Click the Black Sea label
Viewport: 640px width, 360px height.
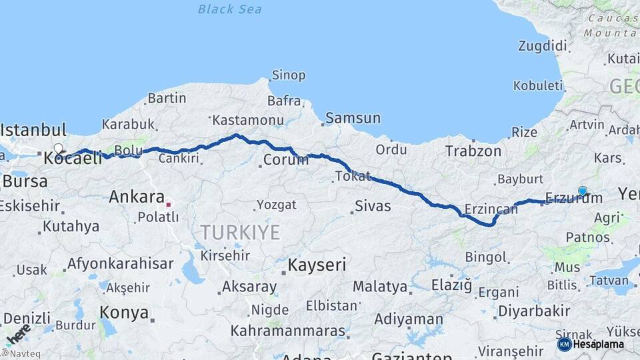[230, 9]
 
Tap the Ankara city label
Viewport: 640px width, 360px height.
[137, 197]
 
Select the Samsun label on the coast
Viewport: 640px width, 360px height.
[353, 119]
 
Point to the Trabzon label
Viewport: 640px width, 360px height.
[473, 151]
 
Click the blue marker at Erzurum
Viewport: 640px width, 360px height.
[583, 191]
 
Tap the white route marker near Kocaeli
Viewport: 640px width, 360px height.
[59, 149]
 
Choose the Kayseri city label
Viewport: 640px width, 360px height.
[317, 265]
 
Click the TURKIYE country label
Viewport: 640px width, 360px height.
[241, 232]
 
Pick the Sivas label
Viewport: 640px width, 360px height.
[372, 206]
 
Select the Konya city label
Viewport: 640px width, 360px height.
[124, 312]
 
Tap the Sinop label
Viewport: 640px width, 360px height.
[289, 75]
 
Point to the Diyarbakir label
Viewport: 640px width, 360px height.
[535, 311]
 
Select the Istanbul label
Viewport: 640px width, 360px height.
[34, 129]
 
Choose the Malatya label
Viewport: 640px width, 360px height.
[380, 287]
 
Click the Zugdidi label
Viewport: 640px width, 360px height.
[543, 46]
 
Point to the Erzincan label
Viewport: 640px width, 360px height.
[492, 209]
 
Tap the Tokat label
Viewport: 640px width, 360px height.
[352, 176]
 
